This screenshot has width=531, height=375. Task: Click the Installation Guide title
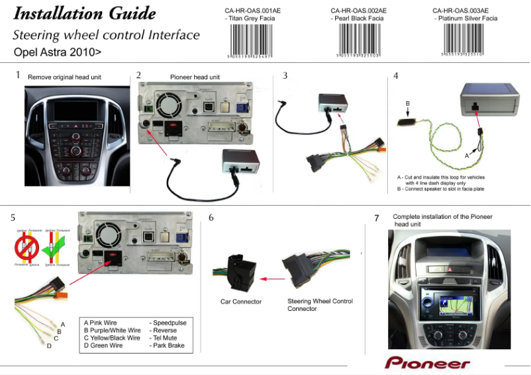(85, 14)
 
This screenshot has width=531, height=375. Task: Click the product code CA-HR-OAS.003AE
(461, 11)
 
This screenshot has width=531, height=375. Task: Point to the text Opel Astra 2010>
(58, 51)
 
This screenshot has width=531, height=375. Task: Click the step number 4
(395, 75)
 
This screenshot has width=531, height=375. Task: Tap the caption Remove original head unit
(64, 77)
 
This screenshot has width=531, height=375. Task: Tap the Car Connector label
(240, 302)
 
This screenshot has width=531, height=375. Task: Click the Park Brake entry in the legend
(168, 345)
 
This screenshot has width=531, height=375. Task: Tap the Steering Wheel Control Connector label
(320, 305)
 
